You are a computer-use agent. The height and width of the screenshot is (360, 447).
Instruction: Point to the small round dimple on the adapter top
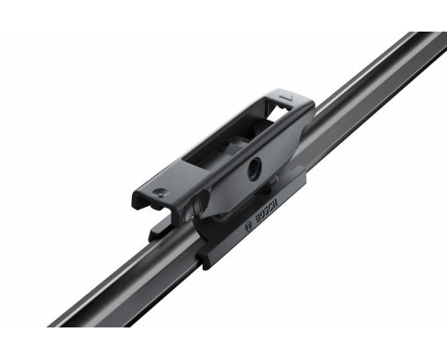161,192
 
